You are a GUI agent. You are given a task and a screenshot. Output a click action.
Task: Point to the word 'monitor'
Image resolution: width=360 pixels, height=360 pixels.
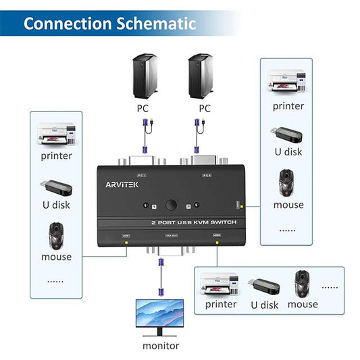161,346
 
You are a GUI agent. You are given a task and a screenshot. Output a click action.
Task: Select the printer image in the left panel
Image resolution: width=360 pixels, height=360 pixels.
56,135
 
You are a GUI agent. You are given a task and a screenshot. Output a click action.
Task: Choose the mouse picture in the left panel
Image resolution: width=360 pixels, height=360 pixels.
56,236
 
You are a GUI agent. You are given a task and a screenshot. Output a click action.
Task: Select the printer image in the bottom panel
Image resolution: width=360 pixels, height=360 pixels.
220,284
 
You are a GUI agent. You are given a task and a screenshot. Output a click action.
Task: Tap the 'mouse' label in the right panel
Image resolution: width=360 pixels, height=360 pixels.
288,205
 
